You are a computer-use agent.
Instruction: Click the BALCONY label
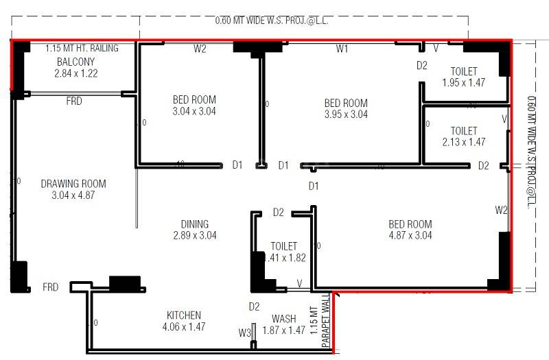click(71, 61)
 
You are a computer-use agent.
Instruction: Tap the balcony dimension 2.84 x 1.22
click(76, 73)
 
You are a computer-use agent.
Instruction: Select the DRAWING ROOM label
click(73, 184)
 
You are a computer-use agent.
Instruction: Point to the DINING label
click(195, 224)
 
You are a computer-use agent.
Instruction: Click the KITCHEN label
click(184, 315)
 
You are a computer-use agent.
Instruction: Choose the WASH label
click(283, 319)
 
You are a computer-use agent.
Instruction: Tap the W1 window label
click(342, 49)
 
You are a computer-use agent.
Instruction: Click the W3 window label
click(245, 333)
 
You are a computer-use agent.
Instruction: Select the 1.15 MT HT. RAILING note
click(82, 49)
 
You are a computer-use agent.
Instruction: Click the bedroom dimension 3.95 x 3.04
click(346, 115)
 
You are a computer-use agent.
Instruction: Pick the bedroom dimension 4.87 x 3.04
click(410, 235)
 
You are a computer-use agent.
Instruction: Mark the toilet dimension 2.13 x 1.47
click(464, 142)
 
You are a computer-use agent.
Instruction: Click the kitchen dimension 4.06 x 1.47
click(184, 327)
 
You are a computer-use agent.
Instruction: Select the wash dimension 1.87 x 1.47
click(283, 331)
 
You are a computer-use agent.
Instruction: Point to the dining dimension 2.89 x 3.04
click(195, 235)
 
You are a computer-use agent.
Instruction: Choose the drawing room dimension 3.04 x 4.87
click(73, 195)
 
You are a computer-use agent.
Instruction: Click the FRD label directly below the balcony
click(74, 101)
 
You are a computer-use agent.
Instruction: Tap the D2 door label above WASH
click(254, 306)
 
